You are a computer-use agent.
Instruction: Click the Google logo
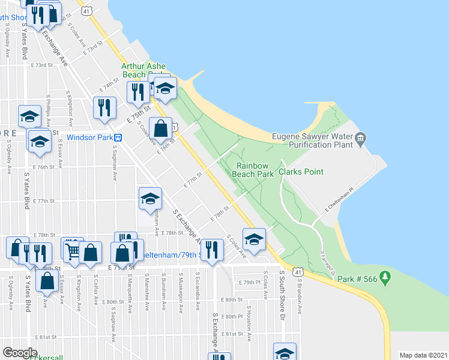(20, 353)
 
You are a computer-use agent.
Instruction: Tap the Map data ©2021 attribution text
(424, 355)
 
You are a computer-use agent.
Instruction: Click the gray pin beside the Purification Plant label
(360, 140)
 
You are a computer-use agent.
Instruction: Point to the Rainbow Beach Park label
(256, 170)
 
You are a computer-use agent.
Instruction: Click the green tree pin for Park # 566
(385, 278)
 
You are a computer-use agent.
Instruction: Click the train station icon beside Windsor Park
(119, 137)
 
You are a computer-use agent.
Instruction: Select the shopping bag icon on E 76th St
(160, 128)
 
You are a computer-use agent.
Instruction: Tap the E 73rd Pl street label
(95, 48)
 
